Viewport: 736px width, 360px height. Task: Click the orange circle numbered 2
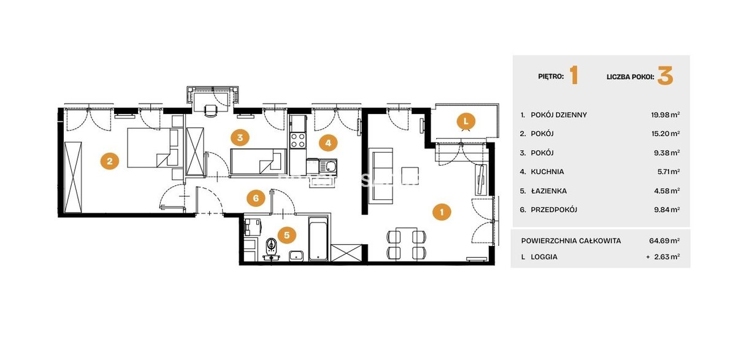110,161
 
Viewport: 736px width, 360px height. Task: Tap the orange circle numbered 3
240,137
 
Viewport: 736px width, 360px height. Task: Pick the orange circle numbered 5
287,235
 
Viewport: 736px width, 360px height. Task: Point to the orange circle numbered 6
256,198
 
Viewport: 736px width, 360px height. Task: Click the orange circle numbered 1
442,212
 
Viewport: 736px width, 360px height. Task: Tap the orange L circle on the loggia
466,121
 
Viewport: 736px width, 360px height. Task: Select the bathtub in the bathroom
318,239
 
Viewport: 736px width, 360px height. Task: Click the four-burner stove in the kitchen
298,140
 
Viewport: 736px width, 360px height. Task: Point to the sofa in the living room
381,176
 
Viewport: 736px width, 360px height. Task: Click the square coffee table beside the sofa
410,175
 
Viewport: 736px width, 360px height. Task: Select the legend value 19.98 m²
665,115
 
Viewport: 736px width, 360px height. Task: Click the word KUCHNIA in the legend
547,172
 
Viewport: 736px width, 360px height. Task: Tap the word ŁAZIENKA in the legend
549,191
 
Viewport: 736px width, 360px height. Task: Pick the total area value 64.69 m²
664,240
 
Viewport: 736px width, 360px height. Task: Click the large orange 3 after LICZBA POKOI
665,76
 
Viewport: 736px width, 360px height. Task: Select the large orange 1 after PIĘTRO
573,75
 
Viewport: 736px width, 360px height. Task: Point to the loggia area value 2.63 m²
667,256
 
